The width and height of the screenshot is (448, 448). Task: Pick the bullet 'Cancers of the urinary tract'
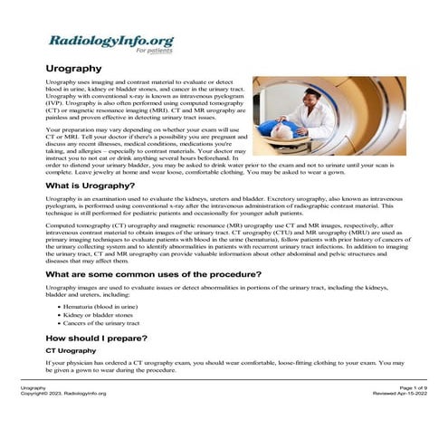tap(102, 323)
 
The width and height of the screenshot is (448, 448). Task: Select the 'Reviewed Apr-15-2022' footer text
tap(397, 394)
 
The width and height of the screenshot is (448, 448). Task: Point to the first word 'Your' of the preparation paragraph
tap(53, 130)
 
